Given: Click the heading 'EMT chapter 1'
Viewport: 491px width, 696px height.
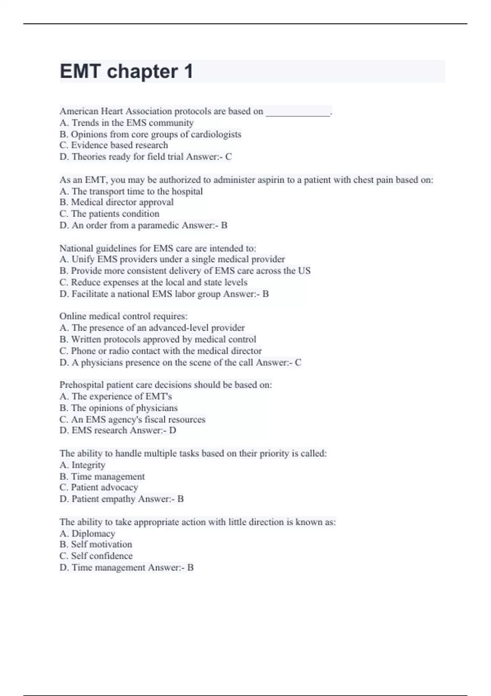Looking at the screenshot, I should click(126, 72).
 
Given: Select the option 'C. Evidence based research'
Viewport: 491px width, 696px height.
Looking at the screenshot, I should click(114, 145).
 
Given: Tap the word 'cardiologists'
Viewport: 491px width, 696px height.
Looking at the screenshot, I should click(216, 134).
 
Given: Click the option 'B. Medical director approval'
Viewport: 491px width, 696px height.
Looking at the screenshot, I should click(117, 202).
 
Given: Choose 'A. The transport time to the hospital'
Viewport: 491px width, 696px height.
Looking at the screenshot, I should click(131, 191).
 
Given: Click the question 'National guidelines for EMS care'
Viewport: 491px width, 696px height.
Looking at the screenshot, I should click(158, 248).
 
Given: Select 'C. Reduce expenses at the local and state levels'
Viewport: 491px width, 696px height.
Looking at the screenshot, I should click(153, 282).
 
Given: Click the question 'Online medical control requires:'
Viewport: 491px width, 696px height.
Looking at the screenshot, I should click(124, 316).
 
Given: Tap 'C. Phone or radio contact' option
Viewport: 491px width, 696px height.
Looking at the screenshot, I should click(161, 351).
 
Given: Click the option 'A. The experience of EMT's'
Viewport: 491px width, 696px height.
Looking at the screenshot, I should click(116, 396).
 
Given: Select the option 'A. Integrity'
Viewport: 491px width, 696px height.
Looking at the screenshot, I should click(83, 465).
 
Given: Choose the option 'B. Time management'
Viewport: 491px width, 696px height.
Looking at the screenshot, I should click(102, 477).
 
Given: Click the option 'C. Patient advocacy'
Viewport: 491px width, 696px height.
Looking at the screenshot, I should click(99, 488).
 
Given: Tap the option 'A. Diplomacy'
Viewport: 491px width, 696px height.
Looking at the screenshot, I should click(88, 534).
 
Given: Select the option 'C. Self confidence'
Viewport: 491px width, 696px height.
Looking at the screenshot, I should click(96, 556).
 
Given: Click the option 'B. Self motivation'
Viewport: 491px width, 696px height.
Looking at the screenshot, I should click(96, 545).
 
